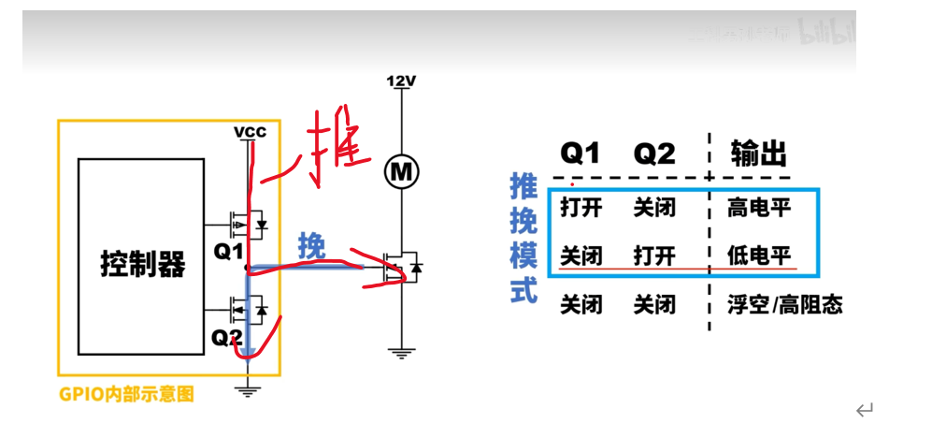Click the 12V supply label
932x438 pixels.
tap(401, 81)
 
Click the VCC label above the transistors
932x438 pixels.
tap(250, 132)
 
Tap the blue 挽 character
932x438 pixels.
tap(311, 246)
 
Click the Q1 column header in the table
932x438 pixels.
tap(580, 153)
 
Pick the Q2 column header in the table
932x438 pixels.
tap(654, 153)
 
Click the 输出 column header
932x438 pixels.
tap(758, 153)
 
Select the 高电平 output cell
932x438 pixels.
tap(759, 208)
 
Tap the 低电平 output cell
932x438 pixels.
tap(759, 255)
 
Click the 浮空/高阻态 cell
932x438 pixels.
tap(784, 305)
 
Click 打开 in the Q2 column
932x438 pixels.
tap(654, 255)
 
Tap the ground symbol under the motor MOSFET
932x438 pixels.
tap(403, 353)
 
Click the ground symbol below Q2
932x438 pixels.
tap(248, 389)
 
